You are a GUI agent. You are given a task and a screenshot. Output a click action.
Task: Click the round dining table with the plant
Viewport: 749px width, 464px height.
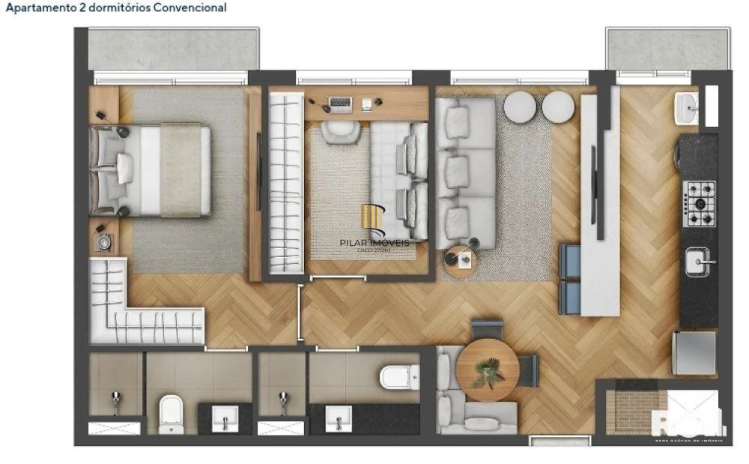(x=487, y=369)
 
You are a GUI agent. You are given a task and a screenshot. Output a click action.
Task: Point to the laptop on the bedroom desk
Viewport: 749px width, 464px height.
(x=340, y=103)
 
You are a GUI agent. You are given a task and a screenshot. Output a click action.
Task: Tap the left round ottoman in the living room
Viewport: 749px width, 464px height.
(x=519, y=107)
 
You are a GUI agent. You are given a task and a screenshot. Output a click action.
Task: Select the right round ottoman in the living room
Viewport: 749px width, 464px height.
(x=558, y=107)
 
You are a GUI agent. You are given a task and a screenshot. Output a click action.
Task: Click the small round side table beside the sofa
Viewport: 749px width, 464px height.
(x=460, y=259)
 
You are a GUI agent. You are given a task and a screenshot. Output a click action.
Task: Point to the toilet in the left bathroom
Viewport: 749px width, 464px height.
(x=171, y=413)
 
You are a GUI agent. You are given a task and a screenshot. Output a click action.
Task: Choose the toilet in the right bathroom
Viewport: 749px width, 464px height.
(x=399, y=376)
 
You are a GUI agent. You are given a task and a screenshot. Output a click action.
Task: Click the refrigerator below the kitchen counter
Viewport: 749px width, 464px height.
(x=694, y=352)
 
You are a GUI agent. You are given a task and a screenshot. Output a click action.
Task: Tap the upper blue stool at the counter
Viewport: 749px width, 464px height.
(x=569, y=261)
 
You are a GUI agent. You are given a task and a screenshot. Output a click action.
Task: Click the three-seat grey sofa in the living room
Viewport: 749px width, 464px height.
(x=466, y=173)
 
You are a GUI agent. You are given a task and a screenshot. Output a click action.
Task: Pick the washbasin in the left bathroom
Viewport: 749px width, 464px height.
(x=225, y=418)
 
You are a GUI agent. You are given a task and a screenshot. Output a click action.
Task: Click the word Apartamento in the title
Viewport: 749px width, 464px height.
(x=37, y=7)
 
